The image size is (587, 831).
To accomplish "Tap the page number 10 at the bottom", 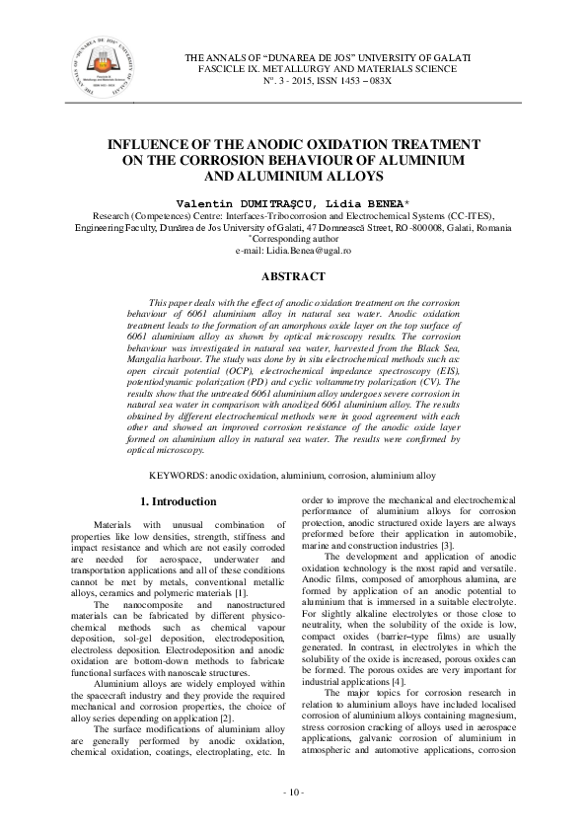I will tap(293, 793).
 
